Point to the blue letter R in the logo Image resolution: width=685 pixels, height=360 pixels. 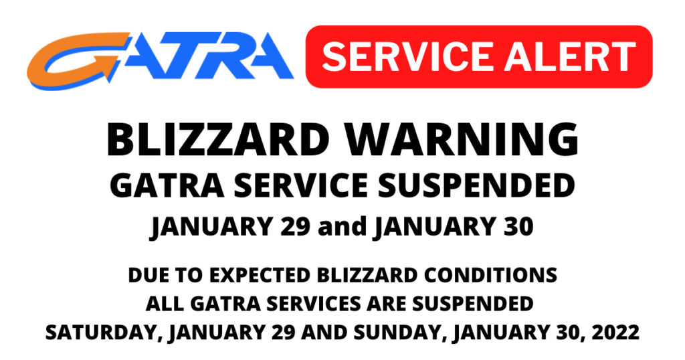click(219, 56)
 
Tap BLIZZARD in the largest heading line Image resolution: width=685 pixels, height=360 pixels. click(218, 139)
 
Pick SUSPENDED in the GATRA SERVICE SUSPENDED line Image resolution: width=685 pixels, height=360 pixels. click(476, 185)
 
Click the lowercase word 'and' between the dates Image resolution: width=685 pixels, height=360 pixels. click(342, 226)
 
